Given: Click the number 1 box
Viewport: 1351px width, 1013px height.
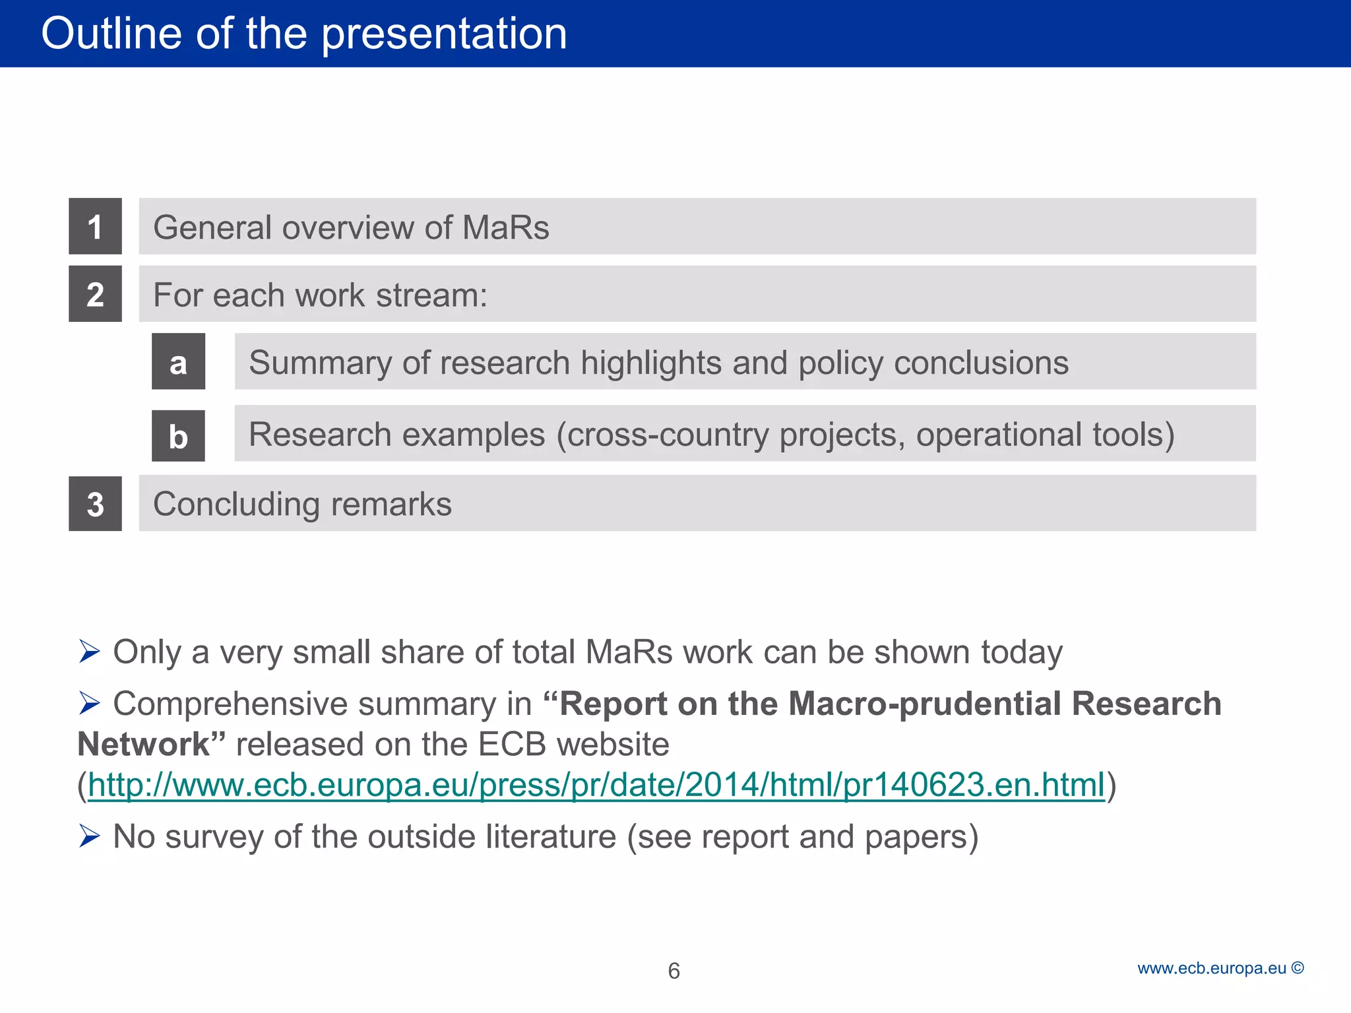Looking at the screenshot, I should [x=95, y=226].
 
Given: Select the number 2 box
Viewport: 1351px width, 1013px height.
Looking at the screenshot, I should [x=95, y=294].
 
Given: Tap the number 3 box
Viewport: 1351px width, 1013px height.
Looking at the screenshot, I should [x=95, y=504].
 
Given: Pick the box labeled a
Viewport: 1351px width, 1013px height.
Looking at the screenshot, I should [x=178, y=361].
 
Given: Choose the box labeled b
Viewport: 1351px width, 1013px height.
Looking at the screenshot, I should [x=178, y=436].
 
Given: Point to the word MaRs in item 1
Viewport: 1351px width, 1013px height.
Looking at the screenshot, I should [x=505, y=228].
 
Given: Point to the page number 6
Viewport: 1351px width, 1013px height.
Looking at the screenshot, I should [x=674, y=971].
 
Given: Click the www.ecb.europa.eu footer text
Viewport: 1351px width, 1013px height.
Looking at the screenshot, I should [x=1211, y=968].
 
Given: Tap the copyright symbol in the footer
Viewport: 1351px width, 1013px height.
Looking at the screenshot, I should [x=1298, y=967].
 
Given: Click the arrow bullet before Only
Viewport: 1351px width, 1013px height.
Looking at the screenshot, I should [x=89, y=652].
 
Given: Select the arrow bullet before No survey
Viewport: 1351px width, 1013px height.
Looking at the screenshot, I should [x=89, y=836].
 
